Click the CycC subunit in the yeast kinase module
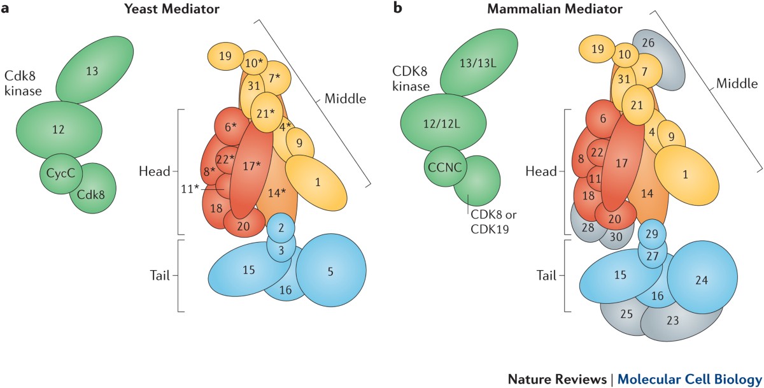(59, 173)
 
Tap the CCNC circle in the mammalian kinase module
(445, 168)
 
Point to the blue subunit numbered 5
(330, 271)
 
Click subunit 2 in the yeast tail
(281, 227)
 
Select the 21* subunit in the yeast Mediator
(267, 112)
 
